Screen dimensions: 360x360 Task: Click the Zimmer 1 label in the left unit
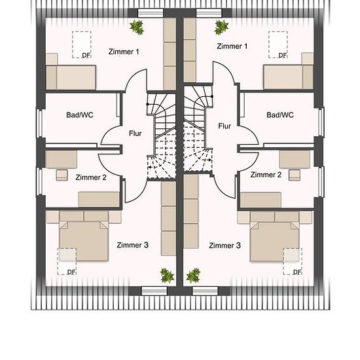[124, 52]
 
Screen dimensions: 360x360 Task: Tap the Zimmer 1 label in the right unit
[232, 46]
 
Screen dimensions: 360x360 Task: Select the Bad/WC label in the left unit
[80, 115]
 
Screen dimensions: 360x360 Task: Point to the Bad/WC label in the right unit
[280, 115]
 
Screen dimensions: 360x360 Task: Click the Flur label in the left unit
[135, 134]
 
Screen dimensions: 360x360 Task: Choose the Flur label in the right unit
[225, 126]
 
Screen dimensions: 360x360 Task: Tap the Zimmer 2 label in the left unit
[91, 177]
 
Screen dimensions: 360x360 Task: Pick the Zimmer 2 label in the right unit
[266, 175]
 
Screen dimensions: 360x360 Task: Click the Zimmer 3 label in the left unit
[132, 245]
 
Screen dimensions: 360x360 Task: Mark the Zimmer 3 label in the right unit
[225, 245]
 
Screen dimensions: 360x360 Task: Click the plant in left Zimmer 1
[137, 27]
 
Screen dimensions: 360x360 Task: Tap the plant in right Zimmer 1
[221, 27]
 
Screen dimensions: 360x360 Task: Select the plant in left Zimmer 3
[167, 276]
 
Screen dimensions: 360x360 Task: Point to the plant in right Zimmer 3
[193, 276]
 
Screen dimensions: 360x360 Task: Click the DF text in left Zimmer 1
[86, 56]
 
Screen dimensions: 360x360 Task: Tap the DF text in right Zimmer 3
[297, 272]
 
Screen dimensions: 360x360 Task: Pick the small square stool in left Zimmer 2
[62, 175]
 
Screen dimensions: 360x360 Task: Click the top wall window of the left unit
[151, 13]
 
